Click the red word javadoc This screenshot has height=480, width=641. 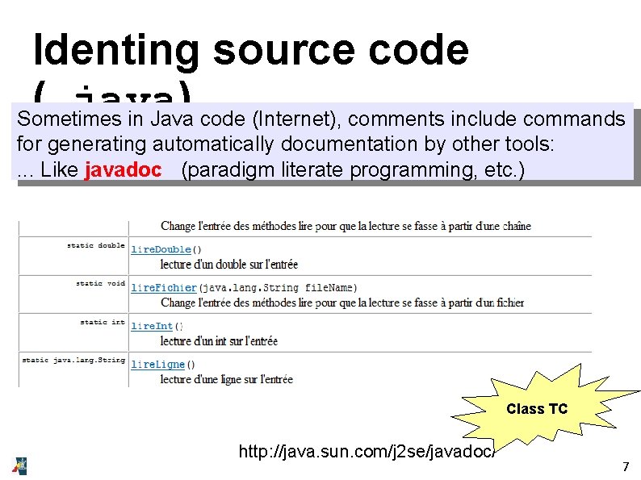[x=122, y=170]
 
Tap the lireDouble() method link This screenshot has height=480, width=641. [x=161, y=250]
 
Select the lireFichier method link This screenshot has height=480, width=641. [x=164, y=288]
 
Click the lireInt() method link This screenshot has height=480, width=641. [x=153, y=326]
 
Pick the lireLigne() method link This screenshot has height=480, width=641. [x=158, y=365]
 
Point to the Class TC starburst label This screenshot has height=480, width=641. [x=537, y=409]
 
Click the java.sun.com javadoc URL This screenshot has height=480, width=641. [x=367, y=452]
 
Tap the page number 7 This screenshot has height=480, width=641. [x=624, y=466]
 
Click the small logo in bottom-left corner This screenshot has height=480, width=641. [x=19, y=465]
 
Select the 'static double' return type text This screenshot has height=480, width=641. [x=95, y=245]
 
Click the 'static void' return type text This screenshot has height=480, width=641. [x=100, y=283]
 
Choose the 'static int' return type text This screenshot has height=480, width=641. [x=103, y=322]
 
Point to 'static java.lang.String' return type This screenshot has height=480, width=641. [x=73, y=360]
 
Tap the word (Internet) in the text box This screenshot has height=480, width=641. [x=291, y=119]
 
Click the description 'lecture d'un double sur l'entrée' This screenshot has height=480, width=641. [x=229, y=264]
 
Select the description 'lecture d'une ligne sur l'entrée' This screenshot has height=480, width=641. [x=227, y=379]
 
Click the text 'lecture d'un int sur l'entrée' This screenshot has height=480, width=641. [x=219, y=340]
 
